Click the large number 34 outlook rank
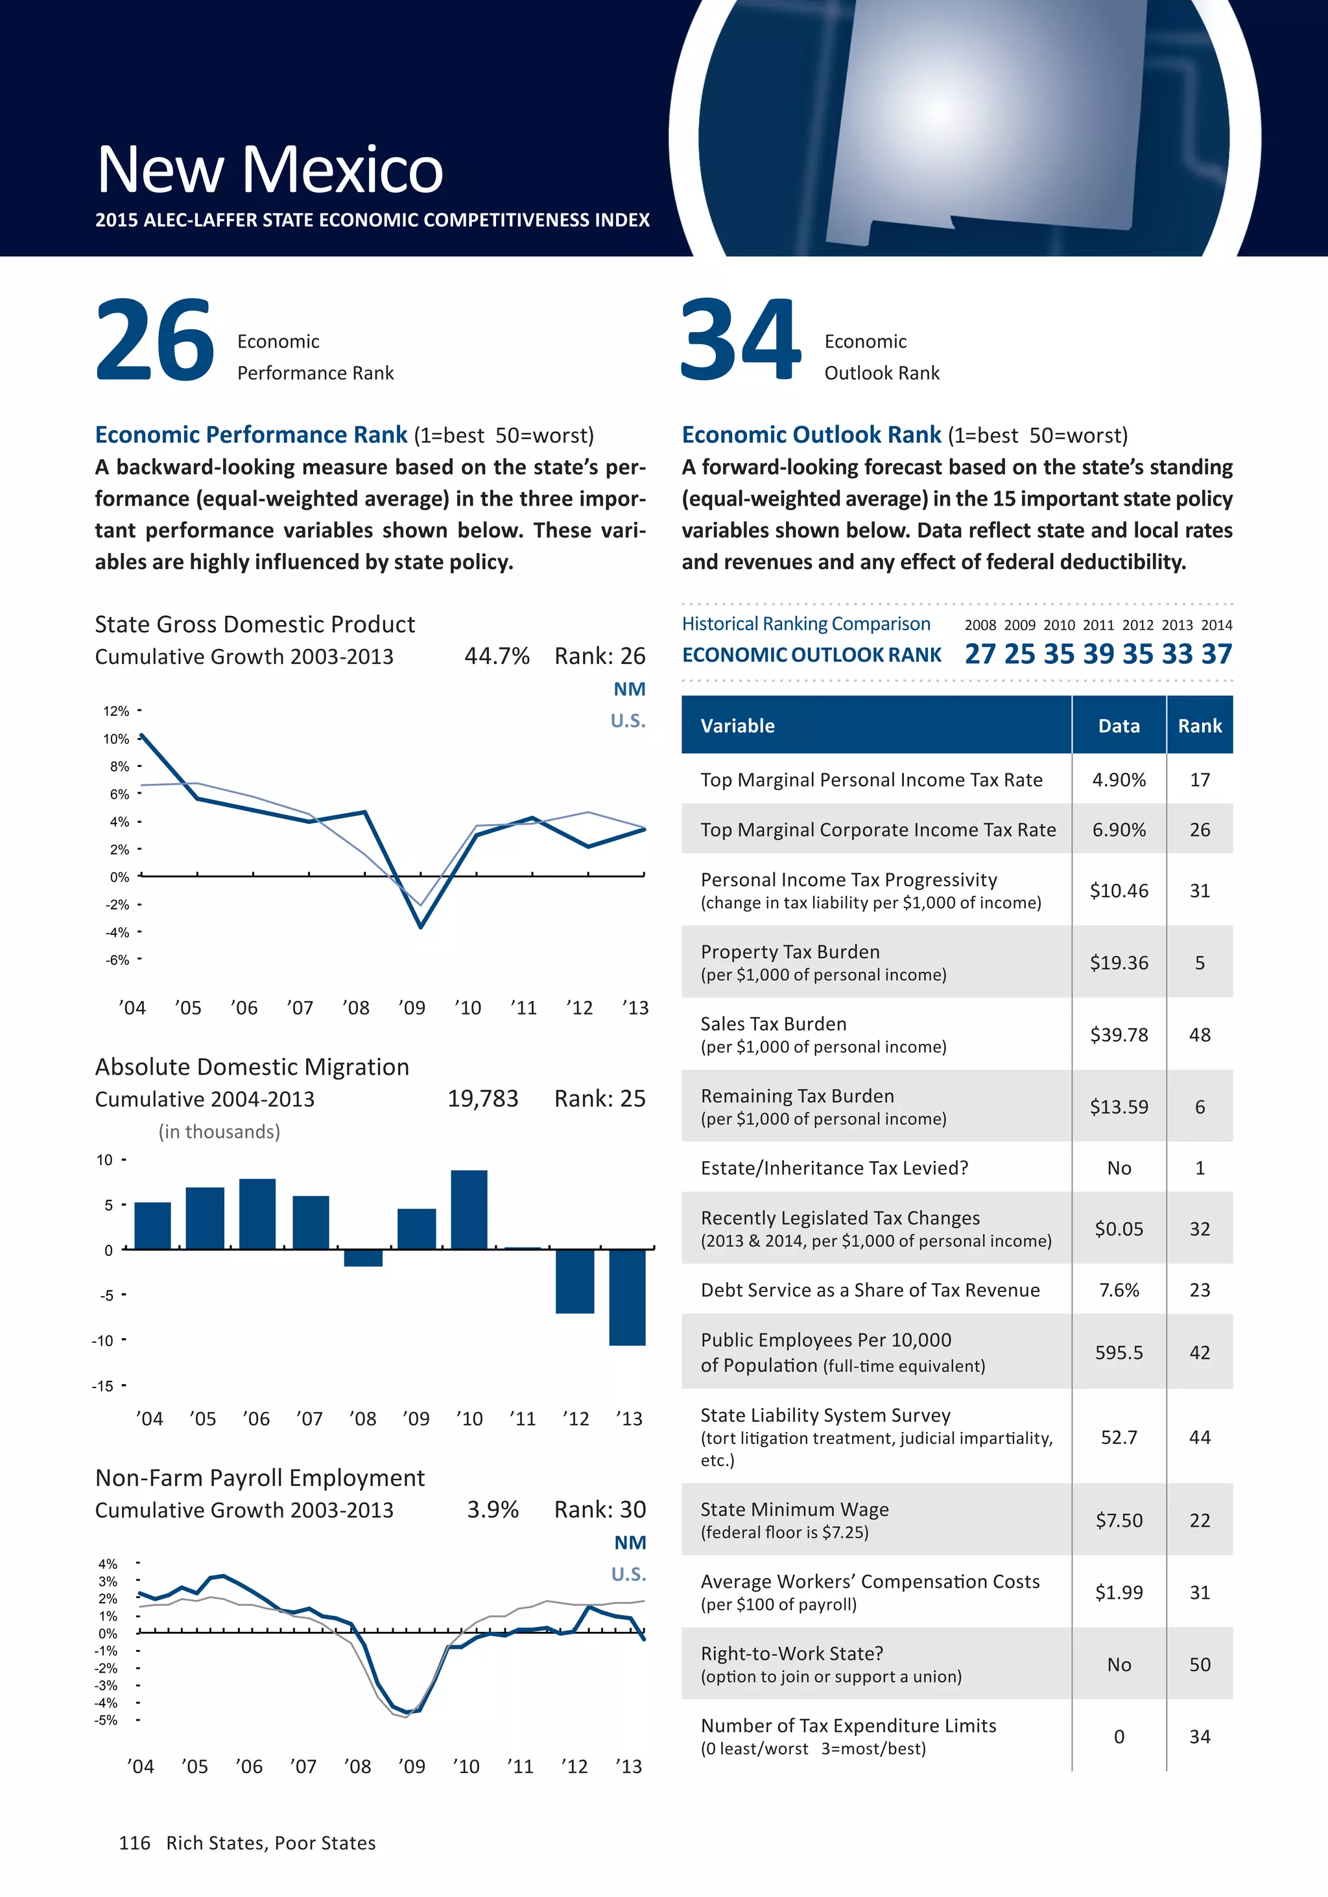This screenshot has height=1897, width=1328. [741, 340]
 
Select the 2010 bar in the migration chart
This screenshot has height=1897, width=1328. [469, 1208]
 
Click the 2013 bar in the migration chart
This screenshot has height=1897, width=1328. [627, 1297]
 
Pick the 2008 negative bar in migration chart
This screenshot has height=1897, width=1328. [362, 1258]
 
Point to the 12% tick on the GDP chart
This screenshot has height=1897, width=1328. [117, 711]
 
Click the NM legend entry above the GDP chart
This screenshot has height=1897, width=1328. [629, 689]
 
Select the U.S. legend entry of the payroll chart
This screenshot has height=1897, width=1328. [628, 1574]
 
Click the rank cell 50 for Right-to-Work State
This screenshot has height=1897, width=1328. [1199, 1664]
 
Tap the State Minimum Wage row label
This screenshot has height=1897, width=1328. [794, 1509]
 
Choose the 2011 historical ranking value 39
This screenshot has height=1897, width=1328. [1098, 654]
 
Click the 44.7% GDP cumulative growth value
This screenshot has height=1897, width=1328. [497, 656]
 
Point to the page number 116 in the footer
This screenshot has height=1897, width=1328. [135, 1843]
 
